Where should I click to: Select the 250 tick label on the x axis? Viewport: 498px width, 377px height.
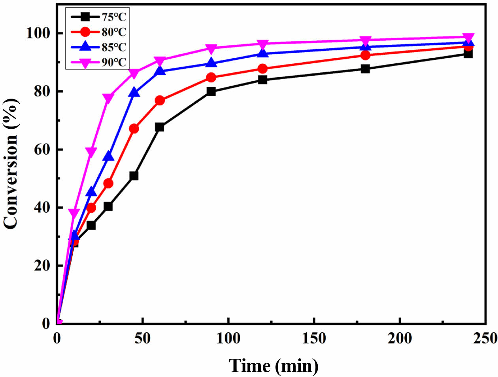point(485,339)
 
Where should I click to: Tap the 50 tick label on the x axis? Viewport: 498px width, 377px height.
point(142,339)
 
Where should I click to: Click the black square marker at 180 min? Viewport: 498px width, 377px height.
point(365,69)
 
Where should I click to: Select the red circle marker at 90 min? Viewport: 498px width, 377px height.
point(211,78)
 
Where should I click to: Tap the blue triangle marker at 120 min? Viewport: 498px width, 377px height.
point(262,53)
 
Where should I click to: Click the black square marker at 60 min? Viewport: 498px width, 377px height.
point(160,127)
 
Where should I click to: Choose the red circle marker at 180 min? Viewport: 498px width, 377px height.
point(365,55)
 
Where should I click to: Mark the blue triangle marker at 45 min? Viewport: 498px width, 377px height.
point(134,93)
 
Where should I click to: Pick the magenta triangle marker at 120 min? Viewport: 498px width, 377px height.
point(262,44)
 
